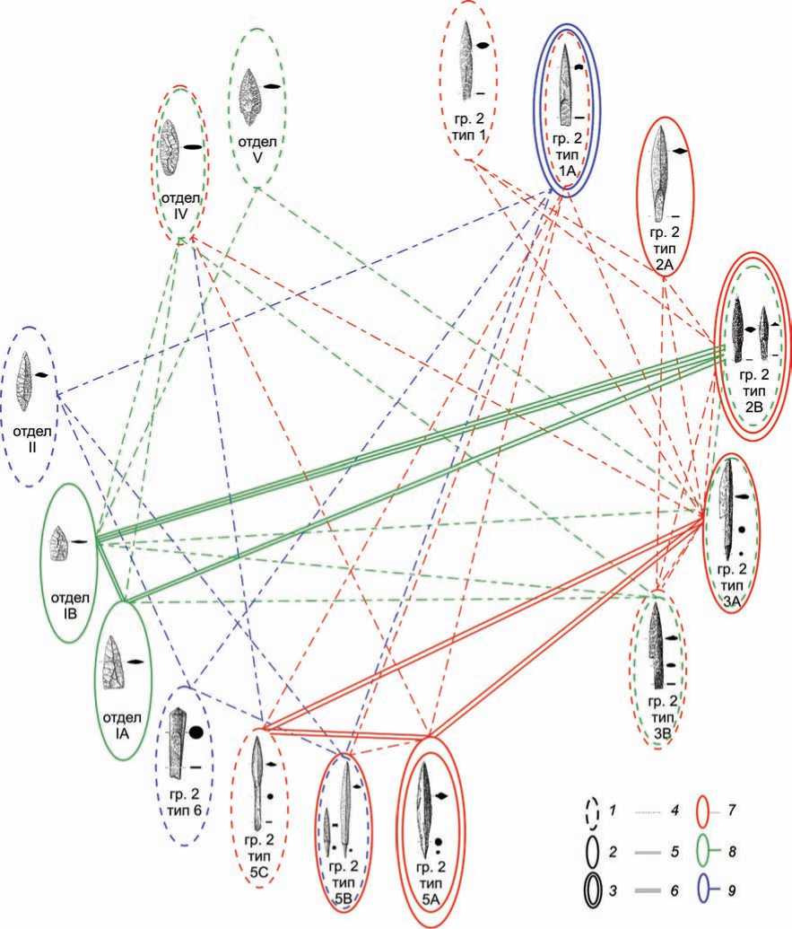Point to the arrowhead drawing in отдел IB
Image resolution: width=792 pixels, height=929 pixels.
(x=60, y=543)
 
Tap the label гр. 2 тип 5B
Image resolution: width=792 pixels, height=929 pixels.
(x=345, y=881)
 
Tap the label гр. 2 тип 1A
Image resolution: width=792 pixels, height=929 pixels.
(x=568, y=153)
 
